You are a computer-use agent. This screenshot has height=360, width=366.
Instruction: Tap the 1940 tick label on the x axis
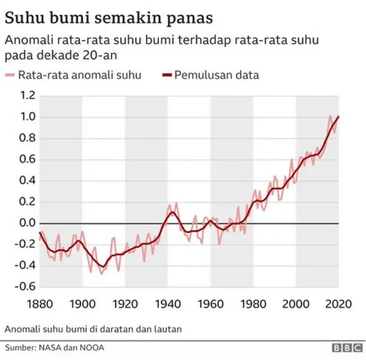pyautogui.click(x=168, y=303)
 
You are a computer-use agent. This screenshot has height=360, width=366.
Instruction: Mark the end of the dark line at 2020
pyautogui.click(x=339, y=117)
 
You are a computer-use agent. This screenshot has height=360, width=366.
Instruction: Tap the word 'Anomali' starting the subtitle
pyautogui.click(x=28, y=41)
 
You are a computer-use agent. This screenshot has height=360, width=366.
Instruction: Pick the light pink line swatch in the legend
pyautogui.click(x=10, y=75)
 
